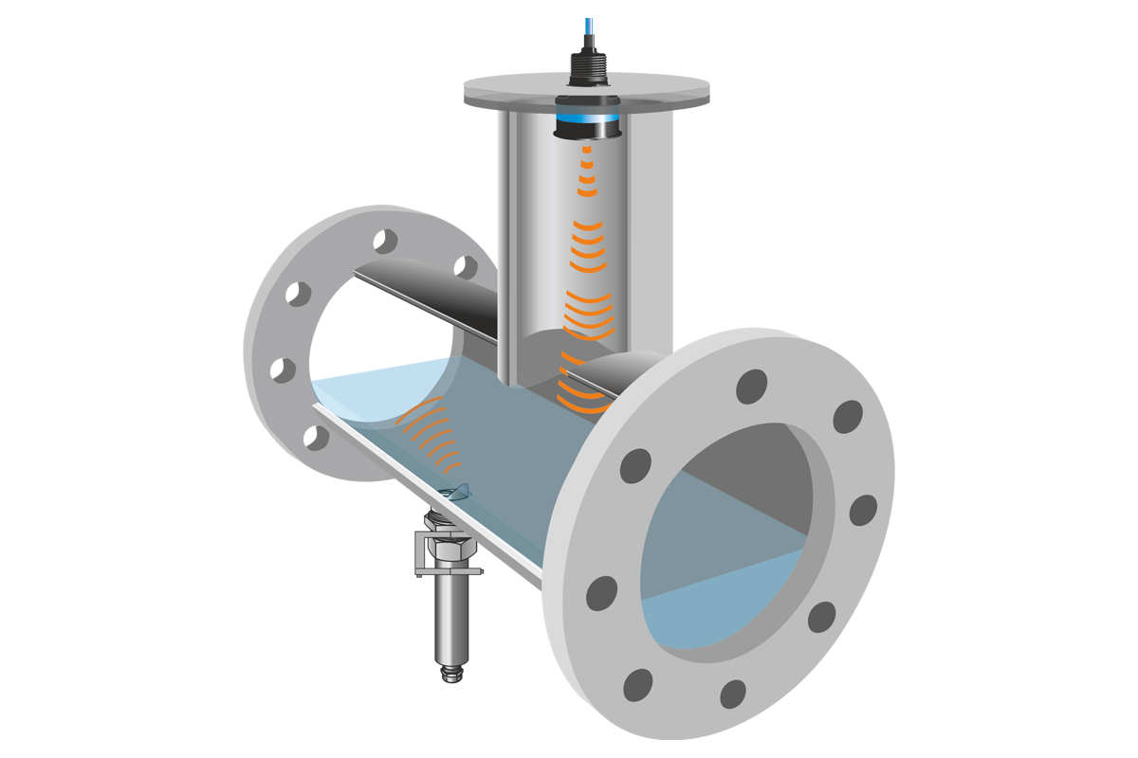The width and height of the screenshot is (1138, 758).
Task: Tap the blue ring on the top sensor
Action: (x=586, y=120)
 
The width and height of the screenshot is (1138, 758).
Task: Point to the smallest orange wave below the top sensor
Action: (x=587, y=151)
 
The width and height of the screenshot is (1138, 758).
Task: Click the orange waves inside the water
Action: (x=431, y=437)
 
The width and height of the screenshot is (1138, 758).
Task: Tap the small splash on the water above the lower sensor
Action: (x=459, y=491)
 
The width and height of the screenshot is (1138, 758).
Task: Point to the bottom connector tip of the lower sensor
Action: (x=452, y=675)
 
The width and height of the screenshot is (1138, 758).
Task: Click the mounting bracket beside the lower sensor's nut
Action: (x=422, y=554)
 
